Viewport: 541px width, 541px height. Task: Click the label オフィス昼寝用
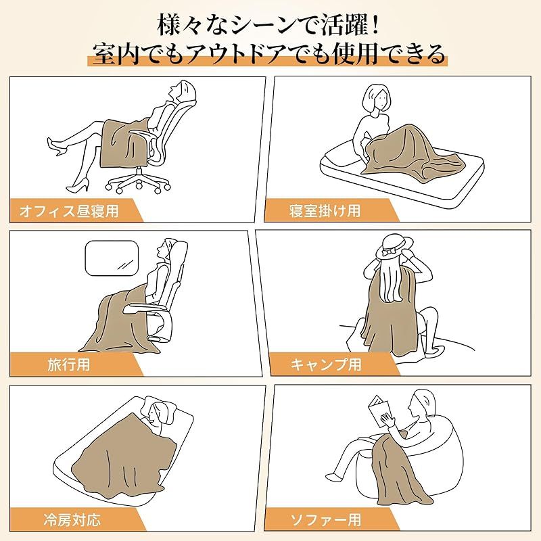pos(69,210)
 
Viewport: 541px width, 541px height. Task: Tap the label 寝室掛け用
pos(325,210)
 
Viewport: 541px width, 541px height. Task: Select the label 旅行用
pos(69,364)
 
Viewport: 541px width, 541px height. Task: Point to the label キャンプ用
pos(326,364)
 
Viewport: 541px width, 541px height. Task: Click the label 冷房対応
pos(72,519)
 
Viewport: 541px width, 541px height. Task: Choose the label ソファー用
pos(326,519)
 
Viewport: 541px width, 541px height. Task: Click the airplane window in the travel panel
pos(112,258)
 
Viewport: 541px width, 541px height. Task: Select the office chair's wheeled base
pos(138,181)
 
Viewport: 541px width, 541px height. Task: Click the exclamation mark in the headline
pos(375,25)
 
